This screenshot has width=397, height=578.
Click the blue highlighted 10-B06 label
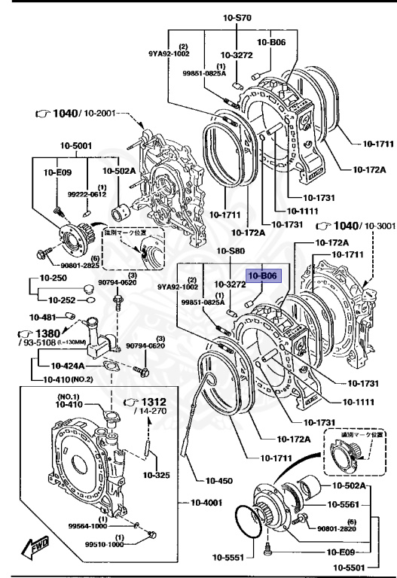tap(264, 276)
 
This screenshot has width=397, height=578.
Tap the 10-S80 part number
tap(232, 251)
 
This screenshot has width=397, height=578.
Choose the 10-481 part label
tap(44, 317)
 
